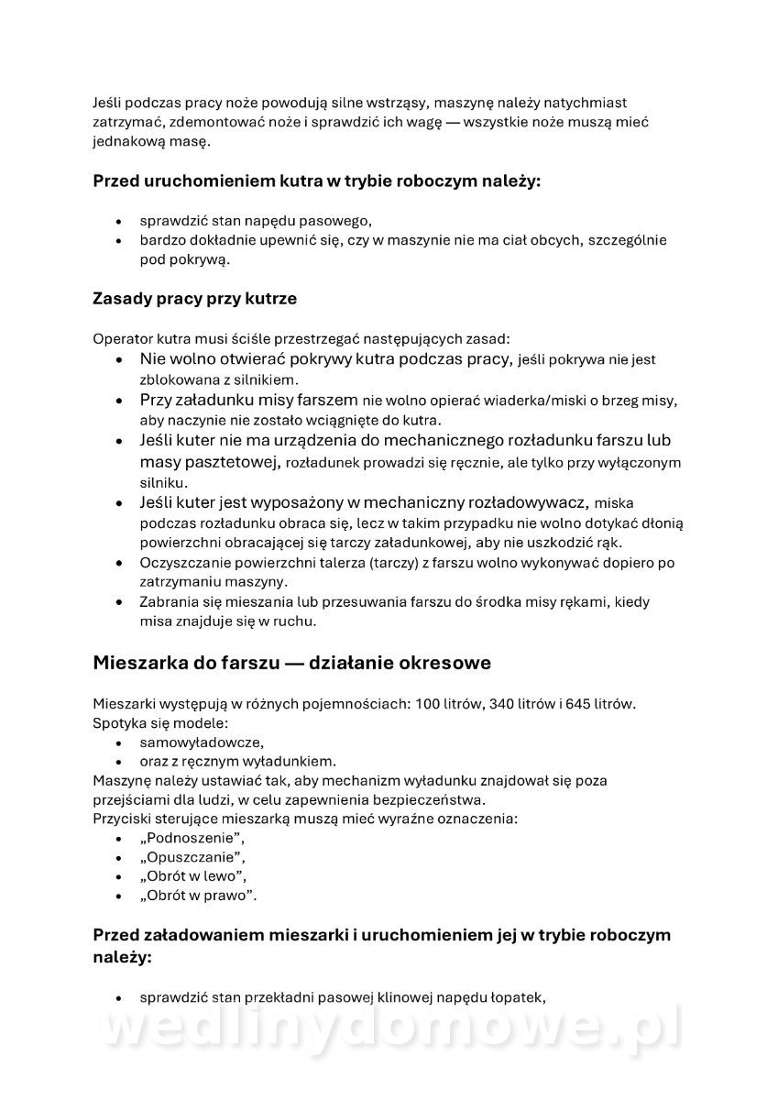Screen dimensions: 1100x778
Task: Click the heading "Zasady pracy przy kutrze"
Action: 194,299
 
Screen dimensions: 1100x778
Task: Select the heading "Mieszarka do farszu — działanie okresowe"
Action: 291,663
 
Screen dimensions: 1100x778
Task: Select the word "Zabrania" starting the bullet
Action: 170,602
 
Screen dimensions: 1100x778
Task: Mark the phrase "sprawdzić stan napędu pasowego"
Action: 256,221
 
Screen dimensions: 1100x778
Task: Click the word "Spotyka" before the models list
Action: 119,723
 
